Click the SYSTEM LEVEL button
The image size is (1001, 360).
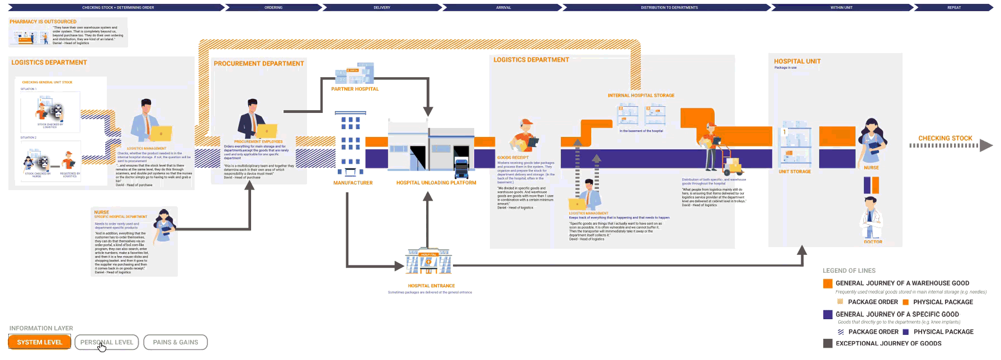39,342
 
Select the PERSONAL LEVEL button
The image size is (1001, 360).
106,342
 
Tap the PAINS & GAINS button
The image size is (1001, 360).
176,342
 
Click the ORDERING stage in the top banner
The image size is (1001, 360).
273,8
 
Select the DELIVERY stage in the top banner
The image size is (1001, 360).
382,8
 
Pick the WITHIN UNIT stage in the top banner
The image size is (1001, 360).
841,8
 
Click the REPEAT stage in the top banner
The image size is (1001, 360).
954,8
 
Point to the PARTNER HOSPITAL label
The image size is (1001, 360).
355,89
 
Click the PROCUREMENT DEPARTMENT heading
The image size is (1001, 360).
259,64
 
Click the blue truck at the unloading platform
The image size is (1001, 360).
461,168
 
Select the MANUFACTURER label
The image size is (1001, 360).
353,183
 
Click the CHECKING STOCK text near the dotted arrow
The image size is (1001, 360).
945,138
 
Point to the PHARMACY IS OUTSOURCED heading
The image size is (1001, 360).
43,22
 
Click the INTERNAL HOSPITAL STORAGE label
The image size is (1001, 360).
641,96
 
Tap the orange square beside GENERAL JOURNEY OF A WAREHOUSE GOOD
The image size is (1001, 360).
828,283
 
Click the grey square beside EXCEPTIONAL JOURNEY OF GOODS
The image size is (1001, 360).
828,343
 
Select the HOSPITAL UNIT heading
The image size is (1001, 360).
797,61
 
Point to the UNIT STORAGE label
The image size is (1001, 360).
794,172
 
